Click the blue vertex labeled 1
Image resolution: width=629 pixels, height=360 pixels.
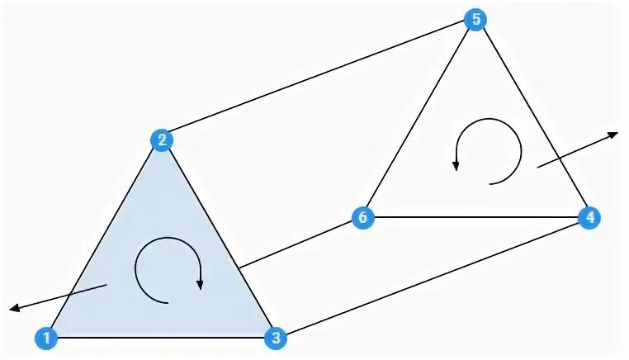point(47,337)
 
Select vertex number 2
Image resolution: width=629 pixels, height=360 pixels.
point(162,139)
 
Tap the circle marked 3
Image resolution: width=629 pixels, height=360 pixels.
point(275,337)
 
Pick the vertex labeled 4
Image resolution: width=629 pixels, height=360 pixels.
point(588,218)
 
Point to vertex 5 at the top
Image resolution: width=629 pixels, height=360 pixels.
point(475,20)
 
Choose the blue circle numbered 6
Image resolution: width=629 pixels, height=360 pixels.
point(361,218)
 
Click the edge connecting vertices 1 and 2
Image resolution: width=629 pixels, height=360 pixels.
point(105,238)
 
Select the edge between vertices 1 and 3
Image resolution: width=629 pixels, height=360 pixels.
point(161,337)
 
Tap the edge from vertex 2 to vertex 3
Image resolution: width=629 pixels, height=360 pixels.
point(218,238)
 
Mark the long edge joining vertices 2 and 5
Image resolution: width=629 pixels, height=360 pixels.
point(318,79)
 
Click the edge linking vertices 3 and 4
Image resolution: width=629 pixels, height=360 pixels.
point(431,277)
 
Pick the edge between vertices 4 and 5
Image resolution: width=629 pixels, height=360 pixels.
point(531,119)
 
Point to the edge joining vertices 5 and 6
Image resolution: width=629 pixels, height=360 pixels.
point(418,119)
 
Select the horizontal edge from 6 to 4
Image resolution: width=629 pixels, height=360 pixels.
point(475,218)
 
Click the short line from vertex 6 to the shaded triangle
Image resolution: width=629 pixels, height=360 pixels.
point(299,244)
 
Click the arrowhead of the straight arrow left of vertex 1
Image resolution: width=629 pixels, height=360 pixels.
point(14,310)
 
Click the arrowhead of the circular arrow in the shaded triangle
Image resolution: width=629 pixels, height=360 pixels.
point(200,285)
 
